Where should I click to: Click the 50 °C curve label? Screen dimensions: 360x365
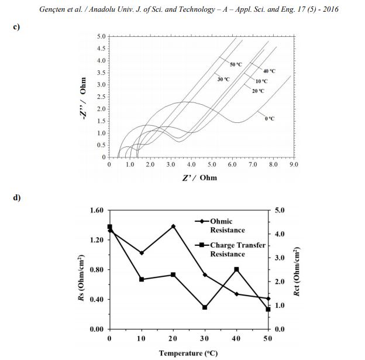click(x=236, y=64)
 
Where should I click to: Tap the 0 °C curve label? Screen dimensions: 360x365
click(x=270, y=118)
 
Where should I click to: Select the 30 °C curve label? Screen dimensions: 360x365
click(x=223, y=78)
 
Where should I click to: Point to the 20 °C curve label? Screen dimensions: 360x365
click(x=258, y=91)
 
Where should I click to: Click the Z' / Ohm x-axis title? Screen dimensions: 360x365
click(x=199, y=177)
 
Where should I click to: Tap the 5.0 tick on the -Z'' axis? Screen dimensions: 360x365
click(x=101, y=36)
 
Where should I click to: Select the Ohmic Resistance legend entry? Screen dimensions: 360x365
click(x=219, y=225)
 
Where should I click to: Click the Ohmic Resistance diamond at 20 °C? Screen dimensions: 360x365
click(x=173, y=226)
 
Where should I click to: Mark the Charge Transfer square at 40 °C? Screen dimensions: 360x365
click(x=236, y=269)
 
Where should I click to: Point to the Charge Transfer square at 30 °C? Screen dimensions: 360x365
click(x=205, y=307)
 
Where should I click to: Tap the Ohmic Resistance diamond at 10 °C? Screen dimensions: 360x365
click(x=142, y=253)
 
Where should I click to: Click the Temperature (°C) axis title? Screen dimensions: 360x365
click(x=188, y=353)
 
